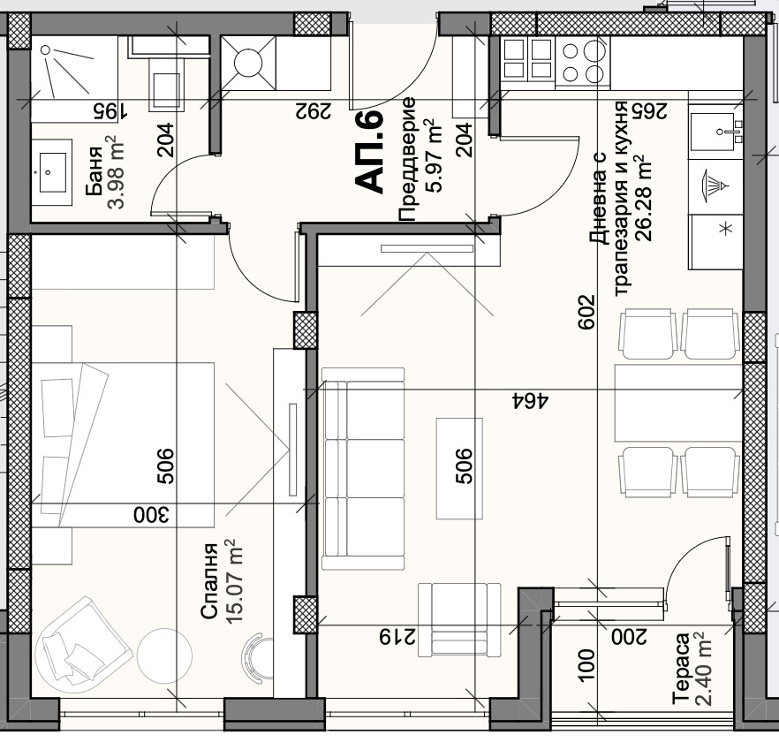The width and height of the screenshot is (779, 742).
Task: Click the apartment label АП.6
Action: coord(369,151)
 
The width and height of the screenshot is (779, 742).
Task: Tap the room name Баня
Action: coord(95,171)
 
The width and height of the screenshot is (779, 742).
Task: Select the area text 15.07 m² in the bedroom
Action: coord(233,581)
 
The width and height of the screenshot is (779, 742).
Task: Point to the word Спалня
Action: coord(209,581)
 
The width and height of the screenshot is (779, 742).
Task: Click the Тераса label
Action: coord(681,669)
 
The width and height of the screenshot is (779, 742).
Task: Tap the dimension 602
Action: coord(586,312)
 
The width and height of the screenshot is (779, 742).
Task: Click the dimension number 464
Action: coord(530,400)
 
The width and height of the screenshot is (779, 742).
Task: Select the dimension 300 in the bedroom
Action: coord(151,515)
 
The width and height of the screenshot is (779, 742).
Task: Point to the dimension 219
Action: coord(397,636)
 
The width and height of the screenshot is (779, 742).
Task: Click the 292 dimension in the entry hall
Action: coord(313,110)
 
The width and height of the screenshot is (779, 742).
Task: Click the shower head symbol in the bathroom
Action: coord(45,49)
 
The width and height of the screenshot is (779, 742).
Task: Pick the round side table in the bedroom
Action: coord(164,655)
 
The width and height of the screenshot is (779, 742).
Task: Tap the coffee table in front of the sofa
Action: coord(459,468)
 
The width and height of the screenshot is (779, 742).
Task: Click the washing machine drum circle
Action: coord(247,63)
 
